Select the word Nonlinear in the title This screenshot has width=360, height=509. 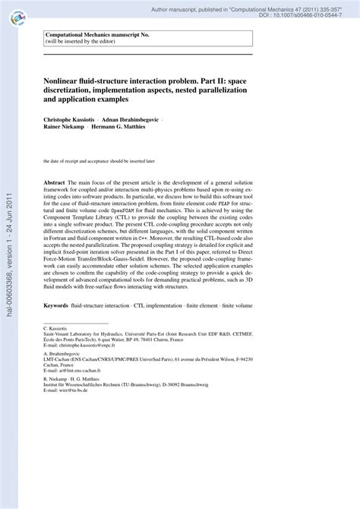click(x=66, y=79)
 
